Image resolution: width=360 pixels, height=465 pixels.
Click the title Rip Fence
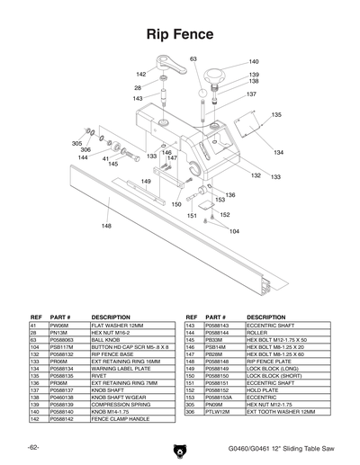coord(179,35)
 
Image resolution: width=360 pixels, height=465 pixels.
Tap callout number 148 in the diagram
coord(106,226)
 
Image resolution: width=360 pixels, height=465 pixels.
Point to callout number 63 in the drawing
coord(193,58)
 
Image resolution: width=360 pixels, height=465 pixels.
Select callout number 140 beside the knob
coord(254,62)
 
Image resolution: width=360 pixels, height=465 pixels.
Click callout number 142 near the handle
coord(141,74)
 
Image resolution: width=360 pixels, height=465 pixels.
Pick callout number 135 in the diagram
coord(276,115)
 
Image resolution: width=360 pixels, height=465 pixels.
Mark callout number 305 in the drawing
coord(77,143)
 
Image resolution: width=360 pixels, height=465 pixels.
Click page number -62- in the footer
coord(32,447)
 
